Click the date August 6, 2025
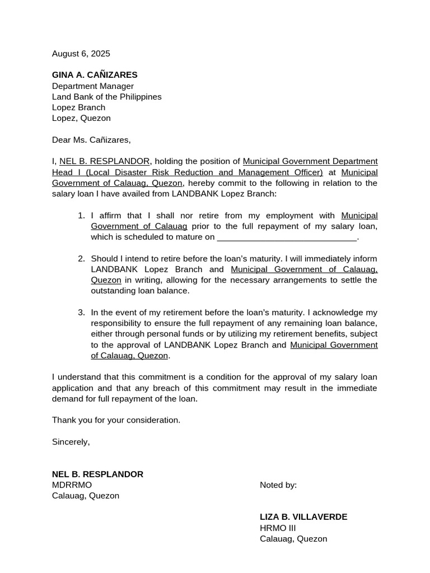pyautogui.click(x=81, y=54)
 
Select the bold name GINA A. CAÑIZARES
pyautogui.click(x=95, y=75)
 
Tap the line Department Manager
pyautogui.click(x=93, y=86)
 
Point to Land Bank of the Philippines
pyautogui.click(x=106, y=97)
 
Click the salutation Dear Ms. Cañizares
pyautogui.click(x=91, y=140)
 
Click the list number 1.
pyautogui.click(x=81, y=215)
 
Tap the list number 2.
pyautogui.click(x=81, y=259)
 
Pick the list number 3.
pyautogui.click(x=81, y=312)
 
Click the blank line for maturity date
pyautogui.click(x=287, y=237)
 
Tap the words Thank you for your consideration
pyautogui.click(x=116, y=420)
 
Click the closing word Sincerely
pyautogui.click(x=71, y=442)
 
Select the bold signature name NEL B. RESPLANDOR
pyautogui.click(x=97, y=475)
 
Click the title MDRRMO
pyautogui.click(x=72, y=485)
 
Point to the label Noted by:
pyautogui.click(x=278, y=485)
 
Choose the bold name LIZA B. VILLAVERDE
pyautogui.click(x=303, y=517)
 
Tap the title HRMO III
pyautogui.click(x=278, y=528)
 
